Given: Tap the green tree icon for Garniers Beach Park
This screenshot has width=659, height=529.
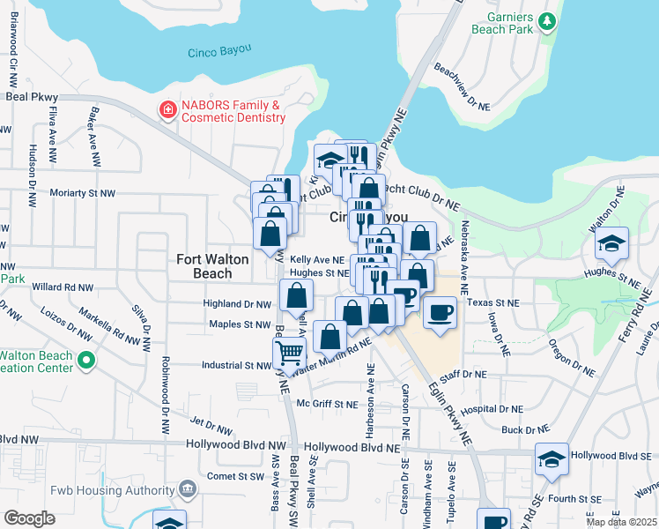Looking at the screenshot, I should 548,19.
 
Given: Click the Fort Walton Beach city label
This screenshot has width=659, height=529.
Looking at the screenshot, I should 204,265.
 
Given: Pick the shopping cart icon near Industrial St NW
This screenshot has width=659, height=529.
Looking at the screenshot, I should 290,354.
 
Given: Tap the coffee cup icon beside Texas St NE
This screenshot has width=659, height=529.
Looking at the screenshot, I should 440,310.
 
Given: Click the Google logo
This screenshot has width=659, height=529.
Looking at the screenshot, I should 29,518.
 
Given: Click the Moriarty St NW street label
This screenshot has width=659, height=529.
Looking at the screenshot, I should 83,192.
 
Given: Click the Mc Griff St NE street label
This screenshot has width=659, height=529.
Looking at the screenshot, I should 327,405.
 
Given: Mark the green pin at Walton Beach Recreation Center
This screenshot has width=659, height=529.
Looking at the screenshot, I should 85,360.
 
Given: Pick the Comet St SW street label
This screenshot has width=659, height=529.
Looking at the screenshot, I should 235,476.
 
